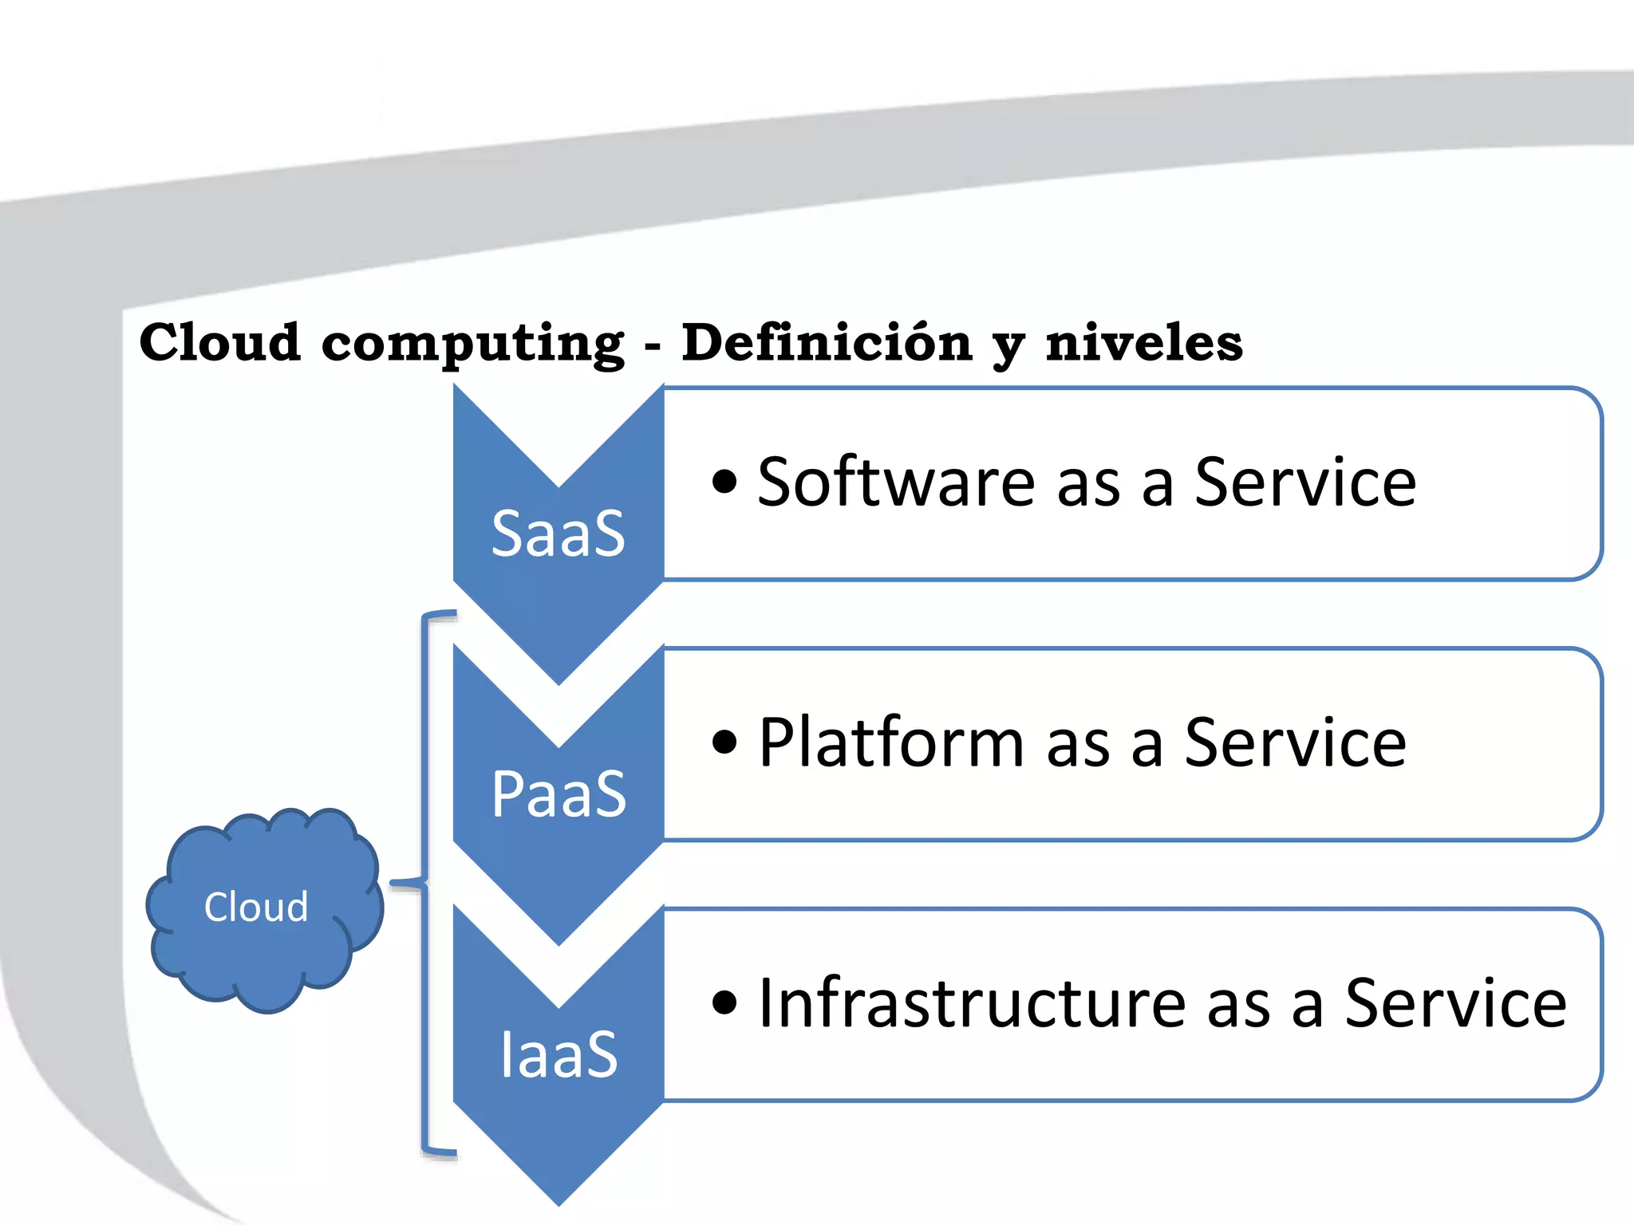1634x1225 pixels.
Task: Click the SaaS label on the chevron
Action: pos(558,534)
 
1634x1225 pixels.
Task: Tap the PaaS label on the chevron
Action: pos(558,794)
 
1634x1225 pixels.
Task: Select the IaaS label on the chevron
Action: pos(558,1054)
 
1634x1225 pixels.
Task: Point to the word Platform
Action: pos(890,742)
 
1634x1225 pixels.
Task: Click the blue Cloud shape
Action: pos(263,909)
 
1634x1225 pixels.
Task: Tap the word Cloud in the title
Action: pos(220,343)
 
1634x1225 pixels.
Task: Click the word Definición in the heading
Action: pos(827,343)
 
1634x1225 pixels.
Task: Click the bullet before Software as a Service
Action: pos(724,482)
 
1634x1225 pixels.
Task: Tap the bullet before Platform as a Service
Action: pos(724,742)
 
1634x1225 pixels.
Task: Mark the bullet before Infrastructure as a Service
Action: pos(724,1002)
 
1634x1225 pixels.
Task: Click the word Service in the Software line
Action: pos(1304,482)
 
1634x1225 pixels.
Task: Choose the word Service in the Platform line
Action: pos(1295,742)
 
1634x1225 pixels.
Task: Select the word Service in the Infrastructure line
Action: pos(1455,1002)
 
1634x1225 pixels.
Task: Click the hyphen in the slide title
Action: pos(653,347)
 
